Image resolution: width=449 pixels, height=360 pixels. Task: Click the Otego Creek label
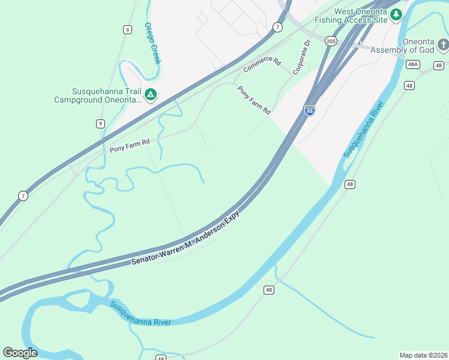click(x=152, y=43)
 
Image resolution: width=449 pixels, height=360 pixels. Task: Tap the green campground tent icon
click(x=151, y=94)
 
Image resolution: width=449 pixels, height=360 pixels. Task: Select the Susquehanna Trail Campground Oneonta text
click(x=97, y=95)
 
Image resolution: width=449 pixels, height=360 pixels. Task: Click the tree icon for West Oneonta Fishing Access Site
click(x=396, y=14)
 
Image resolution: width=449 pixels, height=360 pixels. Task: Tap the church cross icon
click(x=442, y=45)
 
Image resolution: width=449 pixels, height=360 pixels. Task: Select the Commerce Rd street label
click(x=262, y=65)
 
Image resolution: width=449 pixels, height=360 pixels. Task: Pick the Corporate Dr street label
click(x=301, y=58)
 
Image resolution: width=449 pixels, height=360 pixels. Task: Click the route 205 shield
click(x=331, y=41)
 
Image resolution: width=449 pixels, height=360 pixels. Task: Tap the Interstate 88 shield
click(x=310, y=110)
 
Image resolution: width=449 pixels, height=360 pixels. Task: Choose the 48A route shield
click(x=412, y=64)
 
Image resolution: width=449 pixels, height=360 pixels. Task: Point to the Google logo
click(x=20, y=353)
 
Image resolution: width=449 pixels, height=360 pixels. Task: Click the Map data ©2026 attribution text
click(x=423, y=355)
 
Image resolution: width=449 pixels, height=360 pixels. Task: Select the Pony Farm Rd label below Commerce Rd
click(x=255, y=100)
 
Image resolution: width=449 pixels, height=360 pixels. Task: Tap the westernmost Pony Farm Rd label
click(x=129, y=145)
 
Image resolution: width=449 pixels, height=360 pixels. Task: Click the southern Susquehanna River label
click(x=140, y=313)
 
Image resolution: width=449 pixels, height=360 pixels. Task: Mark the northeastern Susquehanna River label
click(x=363, y=130)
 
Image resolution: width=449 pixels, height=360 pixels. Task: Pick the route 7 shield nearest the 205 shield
click(x=277, y=27)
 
